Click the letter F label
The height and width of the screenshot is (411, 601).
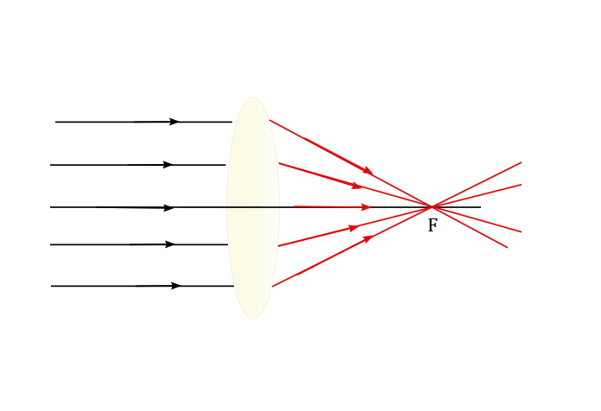point(433,225)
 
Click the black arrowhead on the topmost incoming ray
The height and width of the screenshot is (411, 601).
point(174,122)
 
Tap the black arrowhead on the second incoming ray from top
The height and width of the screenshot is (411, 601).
point(168,165)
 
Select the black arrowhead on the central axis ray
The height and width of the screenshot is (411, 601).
point(168,208)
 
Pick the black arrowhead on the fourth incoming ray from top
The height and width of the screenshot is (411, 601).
point(170,244)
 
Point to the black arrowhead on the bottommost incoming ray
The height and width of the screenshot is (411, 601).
point(176,286)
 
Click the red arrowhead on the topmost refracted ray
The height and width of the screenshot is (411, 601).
point(368,171)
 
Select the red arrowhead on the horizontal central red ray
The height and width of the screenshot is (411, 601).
point(365,207)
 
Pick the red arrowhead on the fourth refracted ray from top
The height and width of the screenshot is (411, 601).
point(354,228)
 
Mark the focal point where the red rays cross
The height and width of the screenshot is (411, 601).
point(432,207)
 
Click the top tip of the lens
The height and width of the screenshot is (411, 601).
point(253,97)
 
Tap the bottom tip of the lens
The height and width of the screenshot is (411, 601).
point(253,319)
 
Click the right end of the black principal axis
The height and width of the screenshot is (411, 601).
point(481,207)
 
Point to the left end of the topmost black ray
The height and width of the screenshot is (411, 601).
point(55,122)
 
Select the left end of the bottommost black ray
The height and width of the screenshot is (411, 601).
point(51,286)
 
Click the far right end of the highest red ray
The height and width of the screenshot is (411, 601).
point(522,162)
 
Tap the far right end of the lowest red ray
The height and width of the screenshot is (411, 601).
point(508,248)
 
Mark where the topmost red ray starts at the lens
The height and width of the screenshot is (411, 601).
point(269,120)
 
